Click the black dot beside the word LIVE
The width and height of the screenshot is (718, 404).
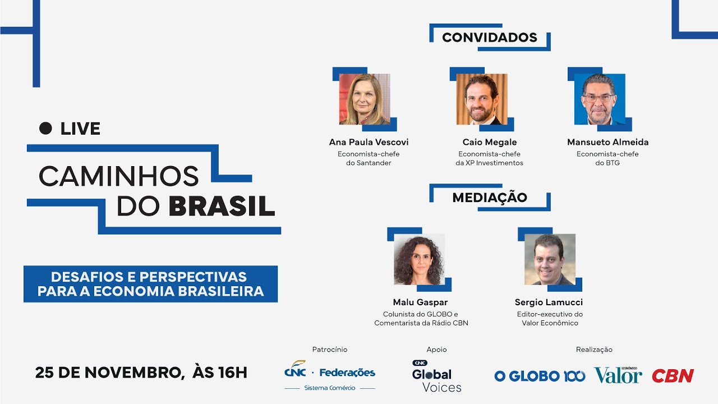pos(45,128)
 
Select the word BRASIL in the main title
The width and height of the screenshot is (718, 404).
pos(222,206)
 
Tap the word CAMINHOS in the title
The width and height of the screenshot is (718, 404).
pos(119,176)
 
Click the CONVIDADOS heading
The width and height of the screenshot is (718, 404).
pos(489,38)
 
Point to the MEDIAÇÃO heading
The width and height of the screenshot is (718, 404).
pos(489,198)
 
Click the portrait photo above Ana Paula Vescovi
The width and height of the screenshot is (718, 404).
pos(365,99)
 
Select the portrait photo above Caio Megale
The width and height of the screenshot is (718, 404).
pos(482,99)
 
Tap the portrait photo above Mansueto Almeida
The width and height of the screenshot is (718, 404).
pos(599,99)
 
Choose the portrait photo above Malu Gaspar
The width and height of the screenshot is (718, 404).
pos(419,259)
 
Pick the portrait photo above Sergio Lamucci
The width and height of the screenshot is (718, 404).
pos(550,259)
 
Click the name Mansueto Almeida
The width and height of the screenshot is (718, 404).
pos(607,143)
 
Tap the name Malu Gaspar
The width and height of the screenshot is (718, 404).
pos(421,302)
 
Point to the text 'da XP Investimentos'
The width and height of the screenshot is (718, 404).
pos(489,163)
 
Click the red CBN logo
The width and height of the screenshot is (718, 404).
pos(673,376)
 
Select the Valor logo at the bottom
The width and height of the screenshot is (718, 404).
pos(618,375)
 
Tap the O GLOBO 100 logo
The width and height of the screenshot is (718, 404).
pos(540,376)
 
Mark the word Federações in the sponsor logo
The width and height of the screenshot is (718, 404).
pos(347,372)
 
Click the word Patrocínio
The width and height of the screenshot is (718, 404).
pos(330,350)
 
